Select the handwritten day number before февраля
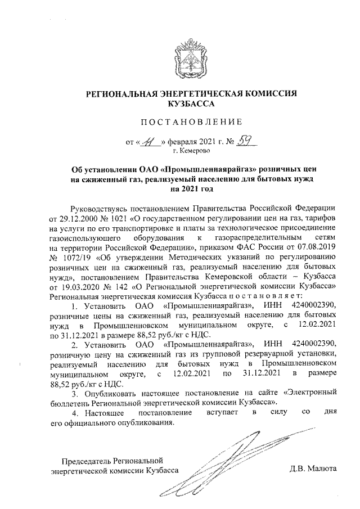(x=151, y=142)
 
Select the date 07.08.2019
(x=317, y=248)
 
